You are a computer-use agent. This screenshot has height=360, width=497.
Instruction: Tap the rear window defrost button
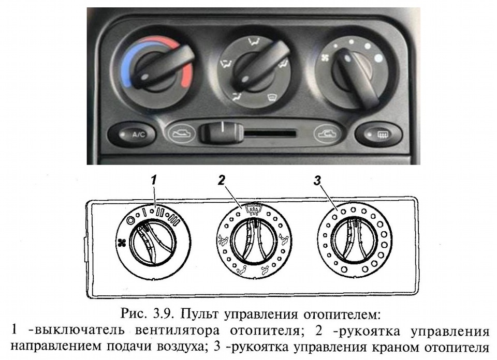click(378, 135)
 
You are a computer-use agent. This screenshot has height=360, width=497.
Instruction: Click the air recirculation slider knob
click(221, 132)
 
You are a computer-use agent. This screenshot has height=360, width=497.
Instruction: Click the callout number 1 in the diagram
click(154, 181)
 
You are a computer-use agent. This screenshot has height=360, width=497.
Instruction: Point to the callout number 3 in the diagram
click(317, 181)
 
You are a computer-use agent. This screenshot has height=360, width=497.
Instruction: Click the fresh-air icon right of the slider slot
click(328, 133)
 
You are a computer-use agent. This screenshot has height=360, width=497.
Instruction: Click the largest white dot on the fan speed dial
click(378, 58)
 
